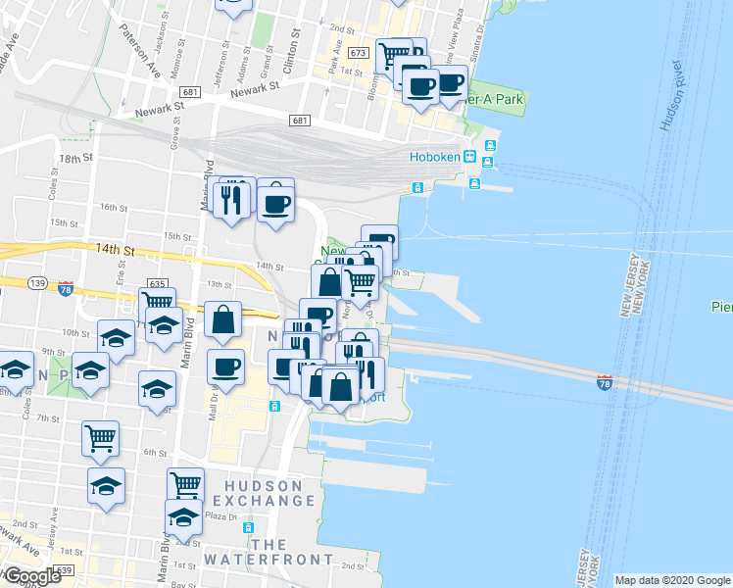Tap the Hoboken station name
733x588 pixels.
click(x=435, y=158)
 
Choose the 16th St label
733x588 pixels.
click(x=114, y=208)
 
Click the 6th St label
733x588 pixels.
click(x=156, y=453)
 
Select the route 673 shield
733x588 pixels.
click(x=358, y=52)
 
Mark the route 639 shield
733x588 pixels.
click(x=65, y=568)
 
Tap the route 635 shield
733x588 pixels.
click(x=156, y=283)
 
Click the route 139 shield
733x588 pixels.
click(x=38, y=283)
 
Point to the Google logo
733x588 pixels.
click(x=32, y=576)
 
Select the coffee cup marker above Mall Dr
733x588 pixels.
click(x=226, y=368)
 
